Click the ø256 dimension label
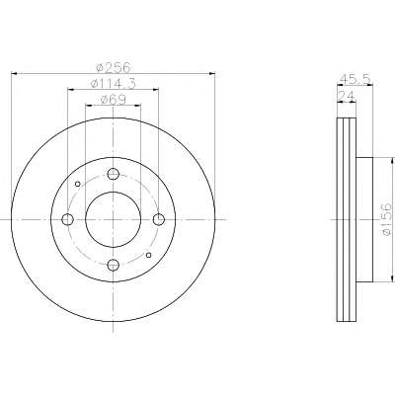point(113,67)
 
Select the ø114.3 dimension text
point(113,83)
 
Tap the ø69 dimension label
point(113,100)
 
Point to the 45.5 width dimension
point(355,79)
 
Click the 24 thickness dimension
point(347,96)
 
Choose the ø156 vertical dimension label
point(387,219)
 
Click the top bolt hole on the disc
point(113,174)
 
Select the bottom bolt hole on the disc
point(113,265)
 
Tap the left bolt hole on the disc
point(67,219)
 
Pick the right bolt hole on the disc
point(159,219)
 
